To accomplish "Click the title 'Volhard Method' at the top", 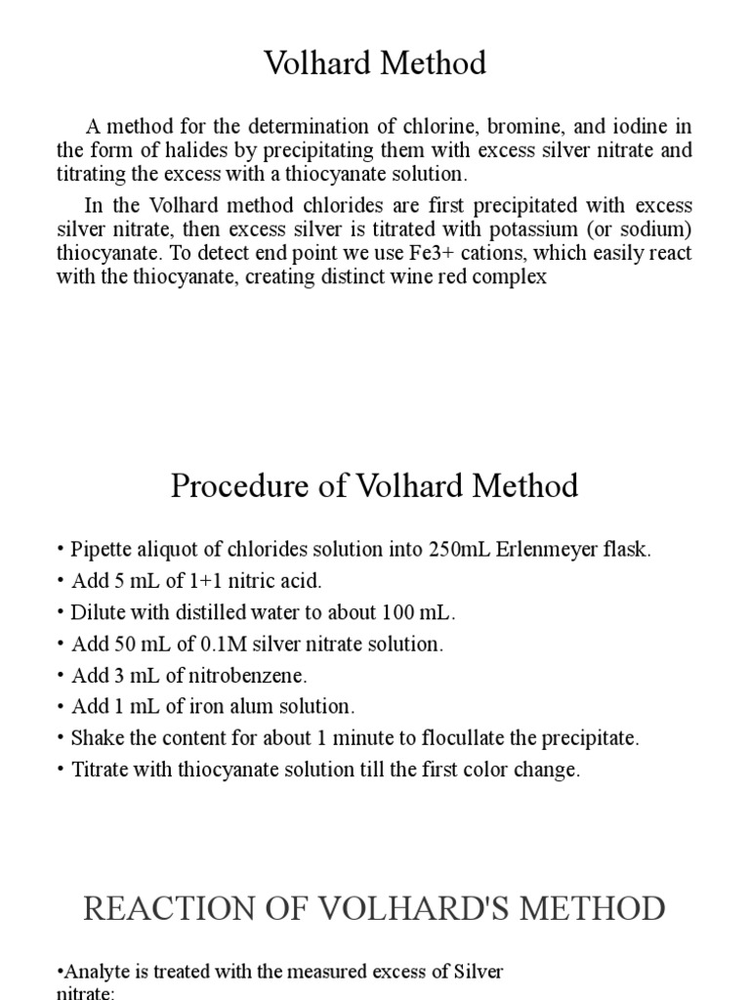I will coord(375,64).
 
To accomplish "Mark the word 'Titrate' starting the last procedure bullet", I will coord(103,770).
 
